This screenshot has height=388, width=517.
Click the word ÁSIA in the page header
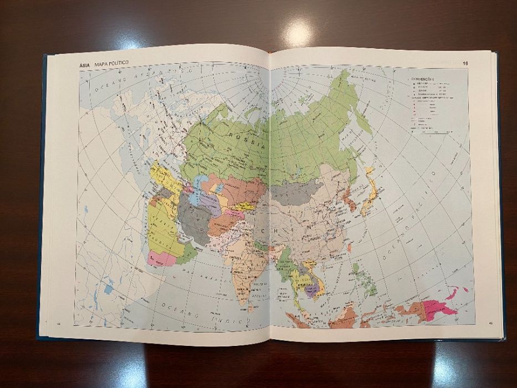coord(85,64)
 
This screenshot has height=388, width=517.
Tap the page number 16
coord(465,63)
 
